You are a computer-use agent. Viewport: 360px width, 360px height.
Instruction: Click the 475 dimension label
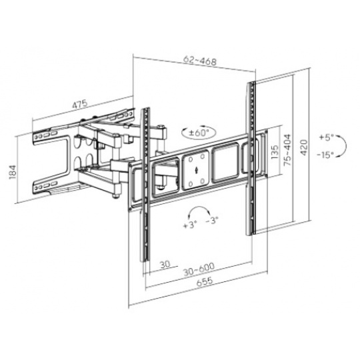(x=80, y=104)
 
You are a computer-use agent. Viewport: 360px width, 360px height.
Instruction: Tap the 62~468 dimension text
(x=200, y=61)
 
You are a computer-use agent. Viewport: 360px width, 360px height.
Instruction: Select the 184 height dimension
(x=13, y=172)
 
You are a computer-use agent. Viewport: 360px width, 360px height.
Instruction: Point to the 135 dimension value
(x=275, y=152)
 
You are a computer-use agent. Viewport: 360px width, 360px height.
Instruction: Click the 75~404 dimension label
(x=287, y=150)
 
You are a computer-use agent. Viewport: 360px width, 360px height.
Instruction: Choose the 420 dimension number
(x=304, y=147)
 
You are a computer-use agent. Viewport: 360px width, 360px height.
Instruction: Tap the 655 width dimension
(x=205, y=281)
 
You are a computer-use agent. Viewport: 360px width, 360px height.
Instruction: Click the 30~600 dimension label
(x=199, y=269)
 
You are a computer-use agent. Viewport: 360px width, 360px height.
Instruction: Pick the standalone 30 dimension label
(x=165, y=264)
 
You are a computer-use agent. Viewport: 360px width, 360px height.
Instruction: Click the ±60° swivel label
(x=199, y=133)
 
